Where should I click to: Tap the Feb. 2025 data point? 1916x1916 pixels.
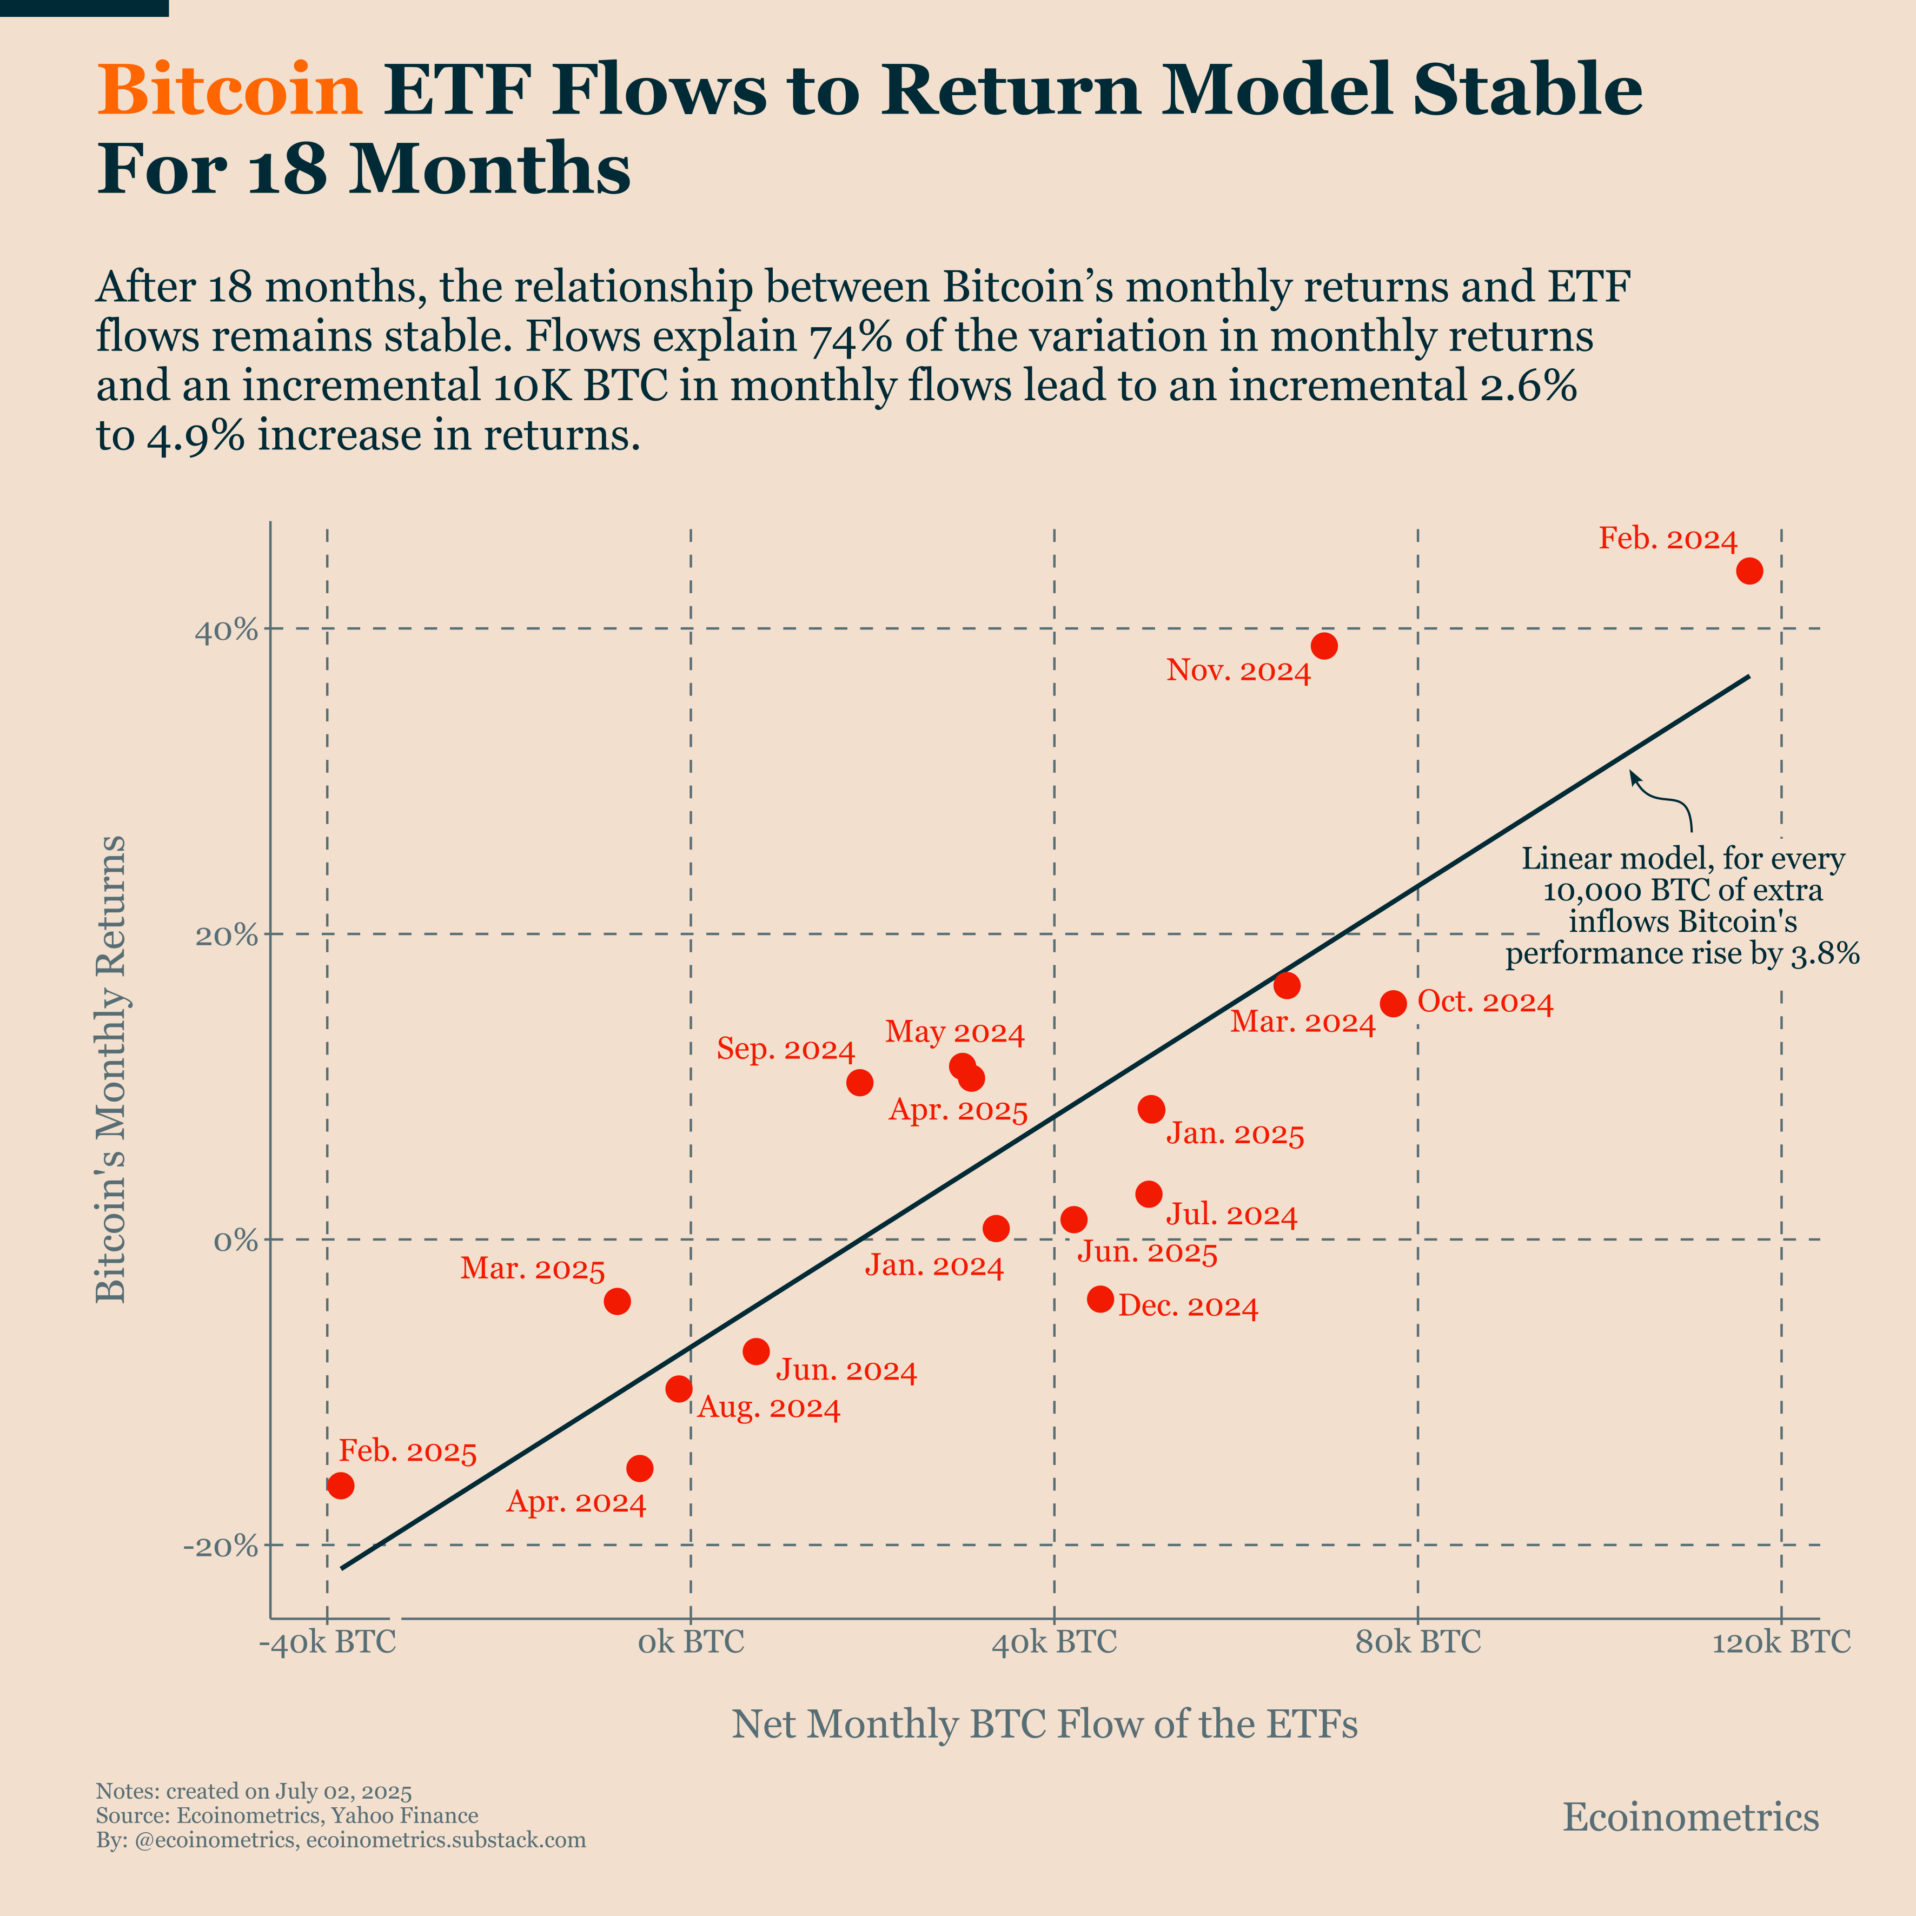click(x=340, y=1486)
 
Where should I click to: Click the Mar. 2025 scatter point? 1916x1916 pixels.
click(x=617, y=1301)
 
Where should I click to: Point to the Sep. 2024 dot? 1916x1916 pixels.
click(x=860, y=1082)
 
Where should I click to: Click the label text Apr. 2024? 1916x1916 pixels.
click(x=576, y=1503)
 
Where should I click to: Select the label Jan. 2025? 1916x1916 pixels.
click(x=1235, y=1135)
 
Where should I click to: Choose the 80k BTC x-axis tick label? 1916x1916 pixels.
click(x=1417, y=1642)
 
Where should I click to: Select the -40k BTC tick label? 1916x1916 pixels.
click(x=327, y=1642)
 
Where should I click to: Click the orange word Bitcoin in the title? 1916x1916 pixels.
click(x=229, y=90)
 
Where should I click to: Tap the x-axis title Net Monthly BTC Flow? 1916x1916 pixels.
click(x=1044, y=1725)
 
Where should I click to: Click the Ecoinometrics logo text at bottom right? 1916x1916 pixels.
click(x=1690, y=1818)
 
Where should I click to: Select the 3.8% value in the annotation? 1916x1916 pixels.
click(x=1826, y=954)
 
